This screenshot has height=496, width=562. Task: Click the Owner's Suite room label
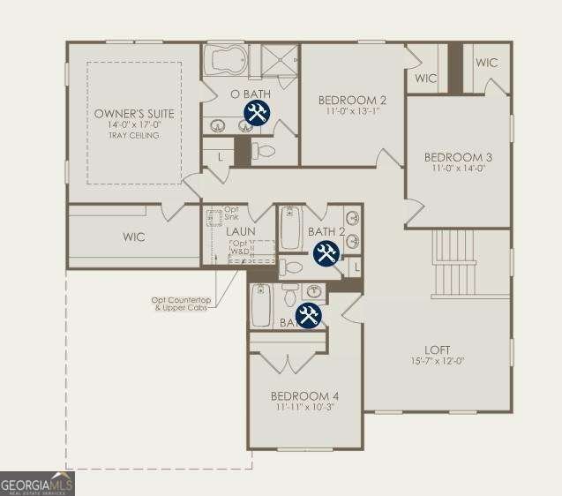[135, 114]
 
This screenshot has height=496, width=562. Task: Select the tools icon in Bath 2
[326, 253]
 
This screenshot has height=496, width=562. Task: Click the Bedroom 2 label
[352, 100]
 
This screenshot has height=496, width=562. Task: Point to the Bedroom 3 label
[459, 157]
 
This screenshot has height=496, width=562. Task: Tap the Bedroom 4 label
[304, 395]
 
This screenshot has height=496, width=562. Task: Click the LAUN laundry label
[240, 232]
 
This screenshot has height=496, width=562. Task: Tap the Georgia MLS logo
[37, 484]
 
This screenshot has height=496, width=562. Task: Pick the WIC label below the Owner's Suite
[134, 237]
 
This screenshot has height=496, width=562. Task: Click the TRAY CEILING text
[135, 136]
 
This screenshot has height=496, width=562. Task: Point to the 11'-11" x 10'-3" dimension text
[304, 408]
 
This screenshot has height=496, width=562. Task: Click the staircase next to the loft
[454, 262]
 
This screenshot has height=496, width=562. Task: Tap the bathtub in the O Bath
[228, 61]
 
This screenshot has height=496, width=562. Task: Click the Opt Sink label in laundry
[231, 213]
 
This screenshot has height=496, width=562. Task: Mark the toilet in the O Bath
[264, 151]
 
